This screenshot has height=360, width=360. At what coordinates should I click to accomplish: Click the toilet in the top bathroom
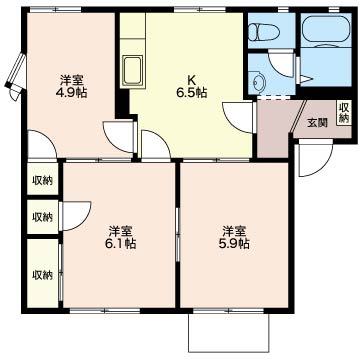tap(263, 31)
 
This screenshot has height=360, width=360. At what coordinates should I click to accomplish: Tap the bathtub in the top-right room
tap(326, 30)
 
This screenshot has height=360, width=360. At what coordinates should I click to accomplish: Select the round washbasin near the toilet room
tap(258, 81)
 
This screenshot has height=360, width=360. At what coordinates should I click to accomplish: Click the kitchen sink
tap(133, 71)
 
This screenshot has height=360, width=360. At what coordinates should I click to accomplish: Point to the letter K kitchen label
tap(191, 80)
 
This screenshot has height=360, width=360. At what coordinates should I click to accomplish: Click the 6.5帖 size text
tap(191, 92)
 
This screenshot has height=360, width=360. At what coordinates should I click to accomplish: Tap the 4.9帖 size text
tap(71, 92)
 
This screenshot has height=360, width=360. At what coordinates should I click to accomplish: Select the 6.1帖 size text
tap(120, 243)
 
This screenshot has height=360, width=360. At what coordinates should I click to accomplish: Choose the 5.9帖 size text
tap(234, 243)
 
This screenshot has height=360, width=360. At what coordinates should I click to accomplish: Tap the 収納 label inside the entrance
tap(344, 112)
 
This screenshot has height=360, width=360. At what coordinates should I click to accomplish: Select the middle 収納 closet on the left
tap(42, 217)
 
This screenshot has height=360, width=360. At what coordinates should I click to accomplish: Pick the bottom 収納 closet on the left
tap(42, 274)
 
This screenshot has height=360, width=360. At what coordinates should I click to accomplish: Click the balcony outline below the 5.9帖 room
tap(229, 351)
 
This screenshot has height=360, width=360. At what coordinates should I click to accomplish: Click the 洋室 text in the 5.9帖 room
tap(234, 231)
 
